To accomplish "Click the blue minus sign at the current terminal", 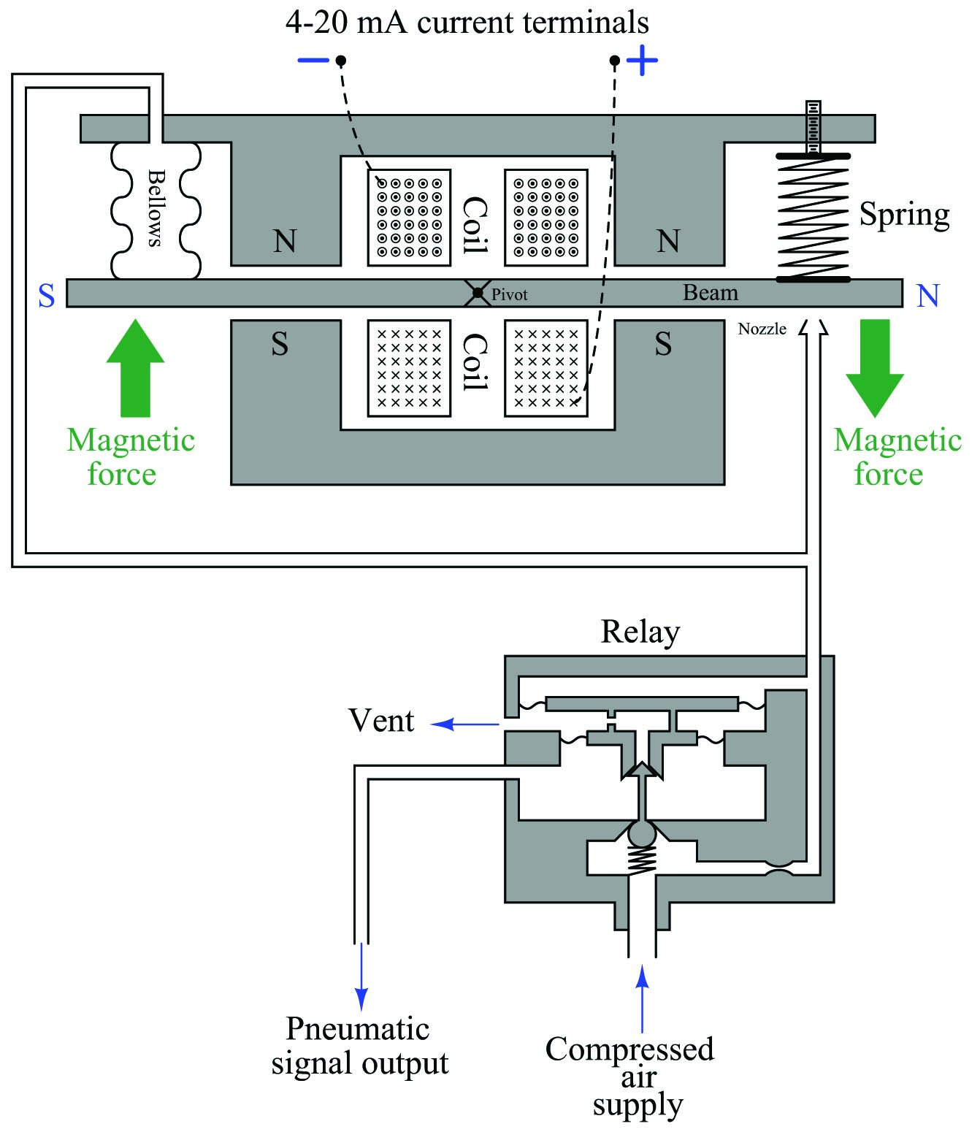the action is [x=313, y=60].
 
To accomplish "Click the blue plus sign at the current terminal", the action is [x=642, y=60].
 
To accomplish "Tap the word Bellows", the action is [x=156, y=208].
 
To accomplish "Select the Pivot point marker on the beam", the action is [x=478, y=293].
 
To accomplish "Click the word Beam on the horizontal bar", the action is [x=710, y=292].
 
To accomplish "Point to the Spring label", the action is [x=905, y=215].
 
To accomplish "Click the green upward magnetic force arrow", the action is [x=135, y=368].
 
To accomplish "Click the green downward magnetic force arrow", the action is [x=875, y=368].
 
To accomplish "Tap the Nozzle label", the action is [x=762, y=329].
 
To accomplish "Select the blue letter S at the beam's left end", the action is [x=47, y=296].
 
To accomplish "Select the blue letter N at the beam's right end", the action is [x=928, y=296].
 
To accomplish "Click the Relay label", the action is [x=640, y=632].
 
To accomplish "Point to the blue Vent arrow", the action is [x=465, y=724].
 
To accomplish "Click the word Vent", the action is [x=381, y=720].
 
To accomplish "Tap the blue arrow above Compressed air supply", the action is [x=642, y=999].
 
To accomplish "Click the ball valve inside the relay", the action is [x=642, y=833].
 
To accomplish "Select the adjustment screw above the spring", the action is [x=814, y=127].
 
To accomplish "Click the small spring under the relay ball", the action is [x=642, y=860].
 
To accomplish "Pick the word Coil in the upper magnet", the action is [x=475, y=225].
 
